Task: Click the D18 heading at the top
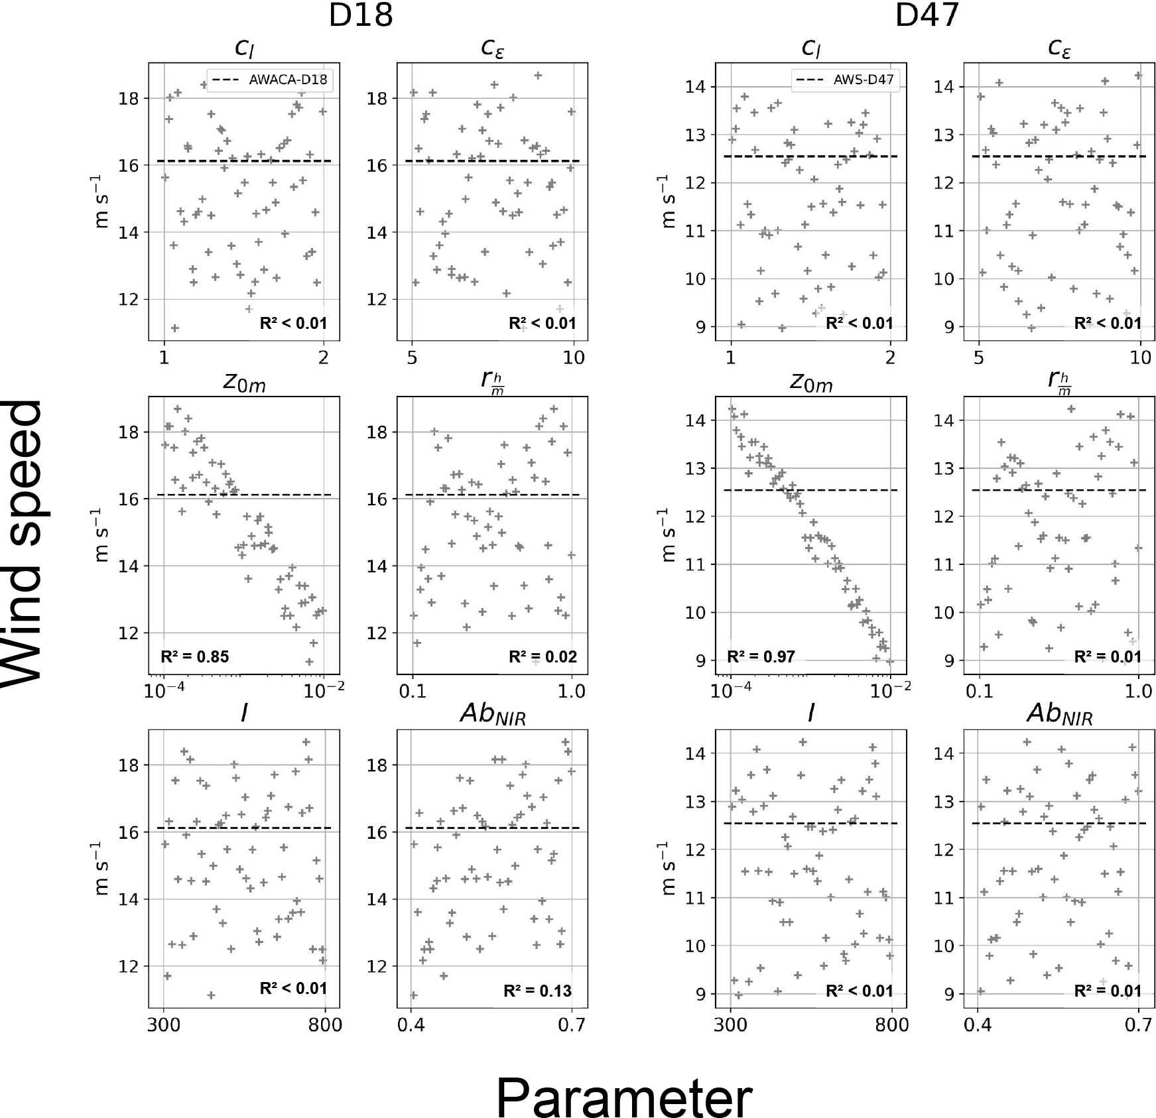click(361, 15)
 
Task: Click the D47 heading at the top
click(927, 15)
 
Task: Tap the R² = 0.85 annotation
click(195, 657)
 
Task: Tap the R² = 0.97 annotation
click(761, 657)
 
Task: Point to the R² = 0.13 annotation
click(537, 991)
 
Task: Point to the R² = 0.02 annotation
click(543, 657)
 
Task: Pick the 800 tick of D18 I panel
click(325, 1025)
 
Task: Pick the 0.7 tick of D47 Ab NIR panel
click(1139, 1025)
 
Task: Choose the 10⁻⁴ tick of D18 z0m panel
click(164, 691)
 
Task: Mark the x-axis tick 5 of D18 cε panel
click(412, 357)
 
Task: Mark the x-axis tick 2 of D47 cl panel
click(890, 357)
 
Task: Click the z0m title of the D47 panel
click(811, 383)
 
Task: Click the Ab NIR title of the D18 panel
click(492, 715)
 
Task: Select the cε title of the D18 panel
click(492, 48)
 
